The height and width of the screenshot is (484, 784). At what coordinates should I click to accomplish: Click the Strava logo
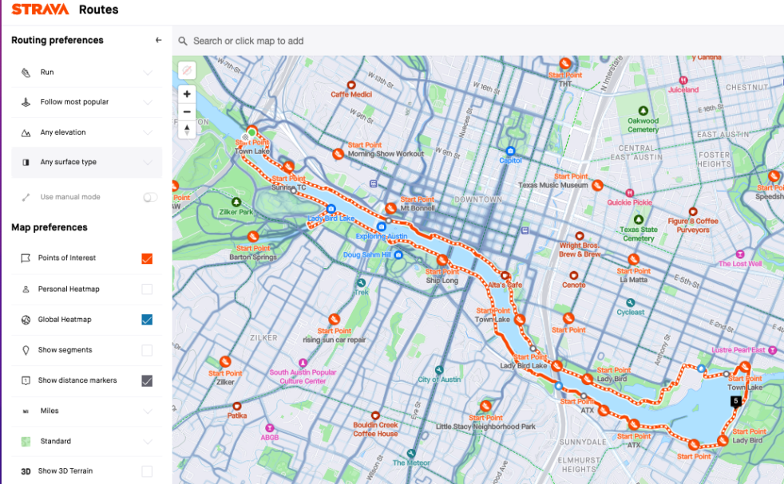pos(40,10)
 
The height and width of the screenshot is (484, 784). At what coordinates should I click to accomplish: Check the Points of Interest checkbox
pos(147,258)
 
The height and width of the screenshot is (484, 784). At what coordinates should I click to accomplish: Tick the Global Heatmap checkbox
pos(147,320)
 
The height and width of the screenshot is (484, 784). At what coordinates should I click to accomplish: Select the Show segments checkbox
pos(147,350)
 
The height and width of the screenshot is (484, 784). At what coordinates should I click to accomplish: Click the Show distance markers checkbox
pos(147,380)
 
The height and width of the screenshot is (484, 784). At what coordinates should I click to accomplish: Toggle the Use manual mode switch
pos(150,197)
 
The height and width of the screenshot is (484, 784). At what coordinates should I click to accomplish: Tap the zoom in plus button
pos(187,93)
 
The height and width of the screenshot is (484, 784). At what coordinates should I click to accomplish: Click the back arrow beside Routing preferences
pos(158,40)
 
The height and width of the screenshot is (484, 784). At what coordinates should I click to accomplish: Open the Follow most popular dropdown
pos(86,102)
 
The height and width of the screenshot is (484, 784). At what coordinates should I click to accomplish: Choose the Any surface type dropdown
pos(86,162)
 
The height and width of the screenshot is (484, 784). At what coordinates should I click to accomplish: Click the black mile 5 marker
pos(735,401)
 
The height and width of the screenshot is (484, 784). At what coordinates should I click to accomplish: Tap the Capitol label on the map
pos(510,159)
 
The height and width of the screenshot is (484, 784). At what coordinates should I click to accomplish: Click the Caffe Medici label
pos(351,94)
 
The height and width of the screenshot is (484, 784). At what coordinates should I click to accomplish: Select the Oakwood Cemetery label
pos(643,125)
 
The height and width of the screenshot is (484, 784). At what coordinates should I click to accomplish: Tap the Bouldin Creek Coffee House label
pos(375,429)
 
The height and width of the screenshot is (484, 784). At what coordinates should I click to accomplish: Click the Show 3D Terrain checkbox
pos(147,471)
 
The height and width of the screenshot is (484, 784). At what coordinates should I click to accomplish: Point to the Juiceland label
pos(683,90)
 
